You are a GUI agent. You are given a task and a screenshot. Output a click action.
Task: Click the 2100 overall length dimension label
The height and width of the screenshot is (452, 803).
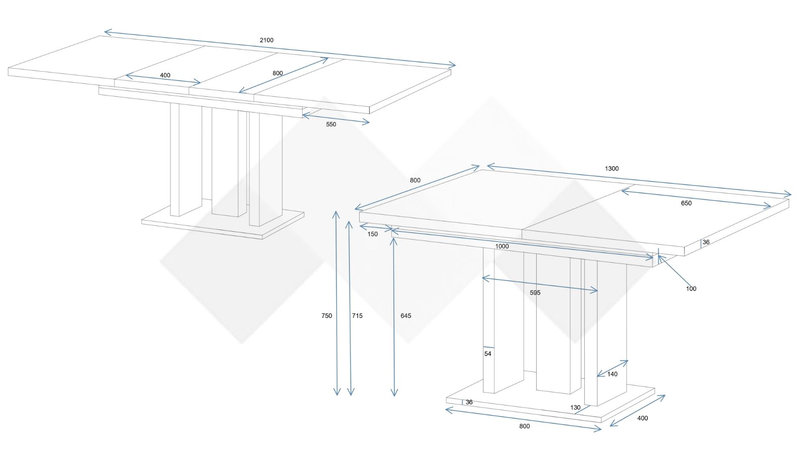(x=266, y=40)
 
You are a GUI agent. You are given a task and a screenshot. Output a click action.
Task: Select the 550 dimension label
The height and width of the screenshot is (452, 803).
(x=331, y=124)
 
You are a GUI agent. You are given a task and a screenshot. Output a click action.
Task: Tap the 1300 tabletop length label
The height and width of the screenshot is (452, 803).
(x=611, y=169)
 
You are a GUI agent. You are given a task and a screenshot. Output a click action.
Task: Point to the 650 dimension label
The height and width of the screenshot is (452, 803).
(x=686, y=203)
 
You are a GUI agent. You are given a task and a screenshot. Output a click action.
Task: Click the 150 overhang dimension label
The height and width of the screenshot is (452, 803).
(x=373, y=234)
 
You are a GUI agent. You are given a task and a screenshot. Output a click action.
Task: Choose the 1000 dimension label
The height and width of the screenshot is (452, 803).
(x=502, y=247)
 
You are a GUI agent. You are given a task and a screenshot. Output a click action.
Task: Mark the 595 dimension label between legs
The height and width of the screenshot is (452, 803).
(x=535, y=293)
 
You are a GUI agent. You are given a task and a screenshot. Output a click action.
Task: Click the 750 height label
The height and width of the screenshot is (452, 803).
(x=327, y=316)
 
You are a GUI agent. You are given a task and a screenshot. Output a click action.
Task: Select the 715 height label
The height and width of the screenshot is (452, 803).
(x=357, y=316)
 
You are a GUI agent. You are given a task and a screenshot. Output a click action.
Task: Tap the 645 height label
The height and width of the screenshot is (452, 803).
(x=406, y=316)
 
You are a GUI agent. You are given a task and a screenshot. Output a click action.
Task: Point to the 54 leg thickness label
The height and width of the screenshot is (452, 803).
(x=488, y=354)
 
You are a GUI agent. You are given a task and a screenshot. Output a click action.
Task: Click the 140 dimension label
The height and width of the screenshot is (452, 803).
(x=612, y=374)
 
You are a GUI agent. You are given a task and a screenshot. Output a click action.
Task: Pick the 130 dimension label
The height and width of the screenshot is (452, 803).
(x=575, y=408)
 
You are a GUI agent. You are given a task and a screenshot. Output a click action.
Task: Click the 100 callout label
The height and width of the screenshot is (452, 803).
(x=691, y=289)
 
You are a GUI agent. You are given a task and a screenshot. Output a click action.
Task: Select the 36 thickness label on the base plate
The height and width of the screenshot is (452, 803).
(x=469, y=402)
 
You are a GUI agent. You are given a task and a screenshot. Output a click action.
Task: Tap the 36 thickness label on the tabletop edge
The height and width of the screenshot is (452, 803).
(x=706, y=242)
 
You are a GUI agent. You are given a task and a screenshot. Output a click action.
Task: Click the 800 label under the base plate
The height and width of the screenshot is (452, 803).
(x=524, y=426)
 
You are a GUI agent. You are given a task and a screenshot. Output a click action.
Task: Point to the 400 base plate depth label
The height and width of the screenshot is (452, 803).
(x=642, y=418)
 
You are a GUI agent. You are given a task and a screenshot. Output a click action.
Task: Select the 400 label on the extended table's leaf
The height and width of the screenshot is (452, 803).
(x=165, y=75)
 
